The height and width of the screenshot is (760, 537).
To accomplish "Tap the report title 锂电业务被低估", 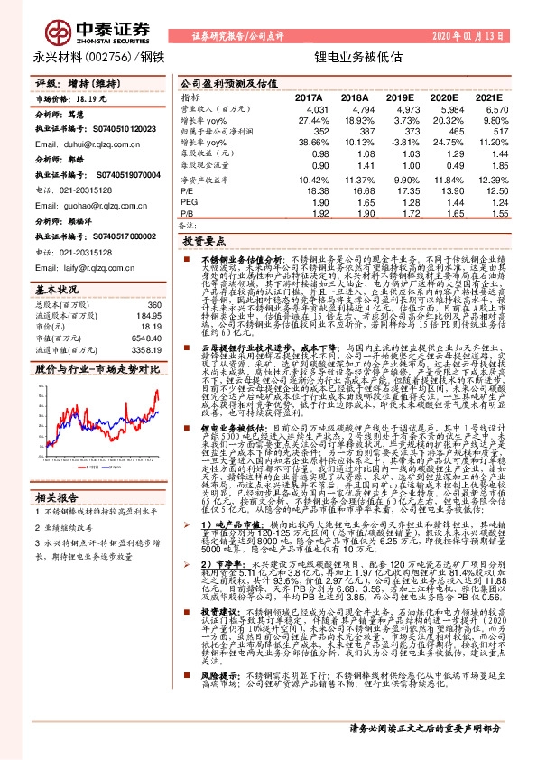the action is click(345, 57).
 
